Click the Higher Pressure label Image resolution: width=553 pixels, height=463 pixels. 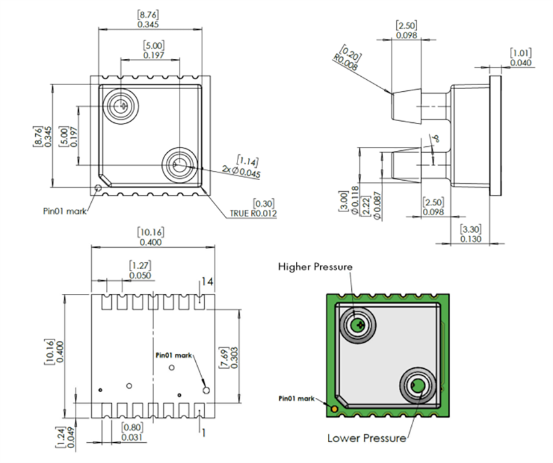tap(316, 267)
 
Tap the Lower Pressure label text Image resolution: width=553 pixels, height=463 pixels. tap(366, 438)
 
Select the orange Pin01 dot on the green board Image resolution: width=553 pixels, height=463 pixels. tap(334, 409)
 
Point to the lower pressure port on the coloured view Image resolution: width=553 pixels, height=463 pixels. tap(417, 387)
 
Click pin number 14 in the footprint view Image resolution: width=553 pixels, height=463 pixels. tap(207, 282)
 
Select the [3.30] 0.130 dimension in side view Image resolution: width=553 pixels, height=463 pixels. tap(470, 234)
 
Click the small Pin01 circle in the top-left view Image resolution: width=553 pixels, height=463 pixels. tap(98, 188)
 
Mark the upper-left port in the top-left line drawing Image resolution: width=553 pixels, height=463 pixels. tap(122, 104)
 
